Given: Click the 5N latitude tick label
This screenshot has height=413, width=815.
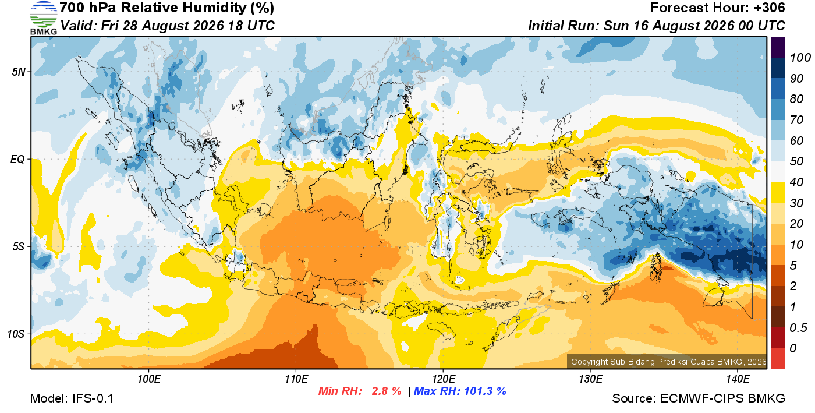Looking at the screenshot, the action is coord(19,72).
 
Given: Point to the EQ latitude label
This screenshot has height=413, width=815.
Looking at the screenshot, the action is coord(18,160).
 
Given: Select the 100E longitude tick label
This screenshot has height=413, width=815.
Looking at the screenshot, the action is coord(149,379).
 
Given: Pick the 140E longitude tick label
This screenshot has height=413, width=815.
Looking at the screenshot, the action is coord(738,379).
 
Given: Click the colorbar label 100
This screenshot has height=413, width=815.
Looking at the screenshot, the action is coord(800,58).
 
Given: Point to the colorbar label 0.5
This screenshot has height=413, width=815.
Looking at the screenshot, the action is coord(798,328).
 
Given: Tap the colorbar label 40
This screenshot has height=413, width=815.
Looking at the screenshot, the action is coord(796,182).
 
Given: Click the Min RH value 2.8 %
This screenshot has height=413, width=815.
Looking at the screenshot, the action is coord(387,391).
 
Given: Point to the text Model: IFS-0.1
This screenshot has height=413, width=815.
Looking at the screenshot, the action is coord(72,398).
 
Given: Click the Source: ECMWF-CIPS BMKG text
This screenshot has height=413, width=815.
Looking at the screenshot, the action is coord(699,398).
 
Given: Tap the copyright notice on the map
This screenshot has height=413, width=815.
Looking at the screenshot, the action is coord(668,362).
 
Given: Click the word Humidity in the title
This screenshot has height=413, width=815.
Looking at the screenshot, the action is coord(214,8).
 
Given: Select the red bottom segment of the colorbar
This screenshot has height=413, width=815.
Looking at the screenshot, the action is coord(778,358).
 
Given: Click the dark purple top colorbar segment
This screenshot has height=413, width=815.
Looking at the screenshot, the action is coord(778,47).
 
